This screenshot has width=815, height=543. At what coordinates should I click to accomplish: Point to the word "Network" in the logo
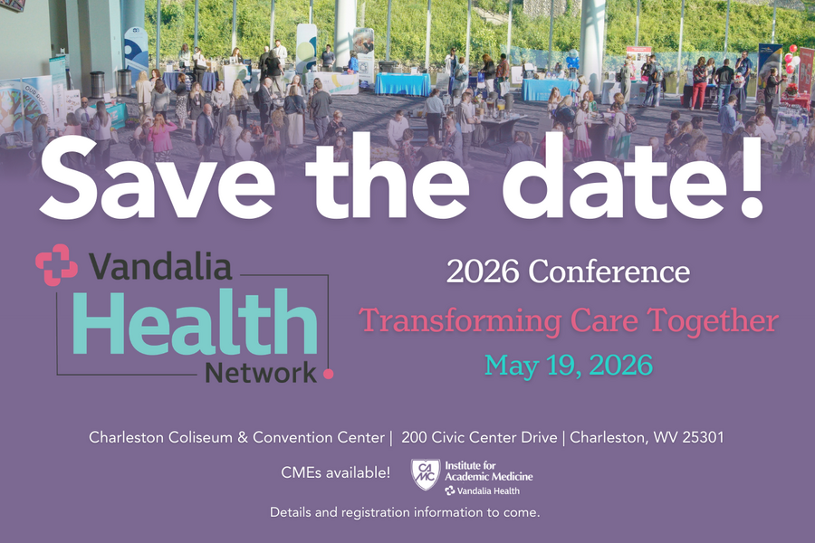coord(261,372)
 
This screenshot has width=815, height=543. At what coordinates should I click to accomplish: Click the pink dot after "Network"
coord(328,372)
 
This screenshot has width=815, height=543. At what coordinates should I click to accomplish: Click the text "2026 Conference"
coord(568,271)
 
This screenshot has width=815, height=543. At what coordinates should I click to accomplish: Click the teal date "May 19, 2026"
coord(568,366)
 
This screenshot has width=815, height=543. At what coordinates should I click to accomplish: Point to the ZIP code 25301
coord(698,437)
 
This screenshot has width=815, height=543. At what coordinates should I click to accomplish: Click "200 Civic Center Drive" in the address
coord(479,437)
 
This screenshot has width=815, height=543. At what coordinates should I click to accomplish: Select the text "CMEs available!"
coord(336,472)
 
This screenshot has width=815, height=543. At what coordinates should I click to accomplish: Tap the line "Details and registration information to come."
coord(405,512)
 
